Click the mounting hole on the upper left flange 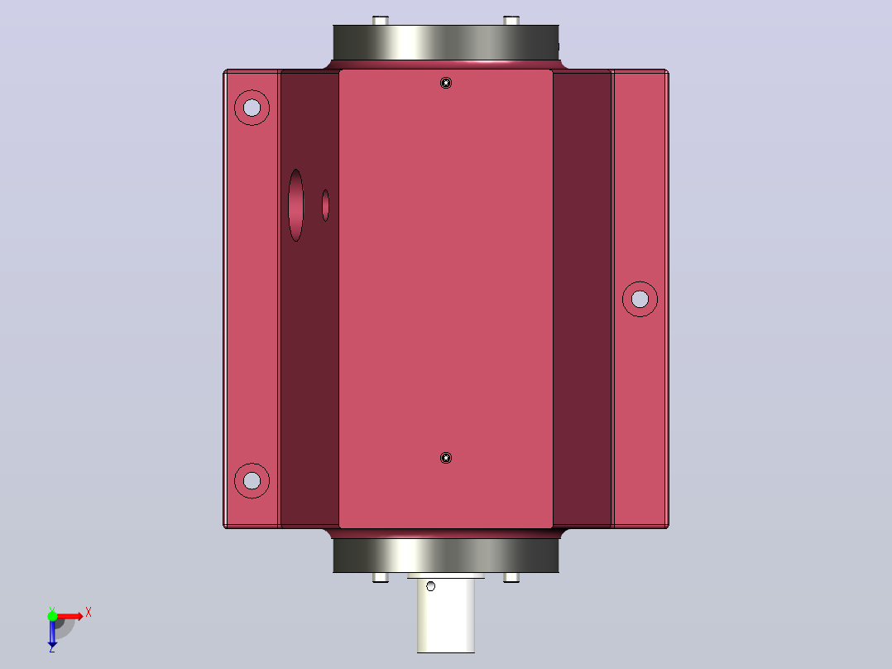(x=252, y=108)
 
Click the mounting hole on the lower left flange (x=252, y=480)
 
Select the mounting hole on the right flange (x=640, y=299)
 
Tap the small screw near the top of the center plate (x=446, y=83)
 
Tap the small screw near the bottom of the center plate (x=446, y=458)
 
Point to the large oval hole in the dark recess (x=296, y=205)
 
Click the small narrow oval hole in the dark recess (x=325, y=205)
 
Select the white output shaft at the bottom (x=446, y=615)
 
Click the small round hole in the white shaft (x=430, y=586)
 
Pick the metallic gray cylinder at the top (x=446, y=42)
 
